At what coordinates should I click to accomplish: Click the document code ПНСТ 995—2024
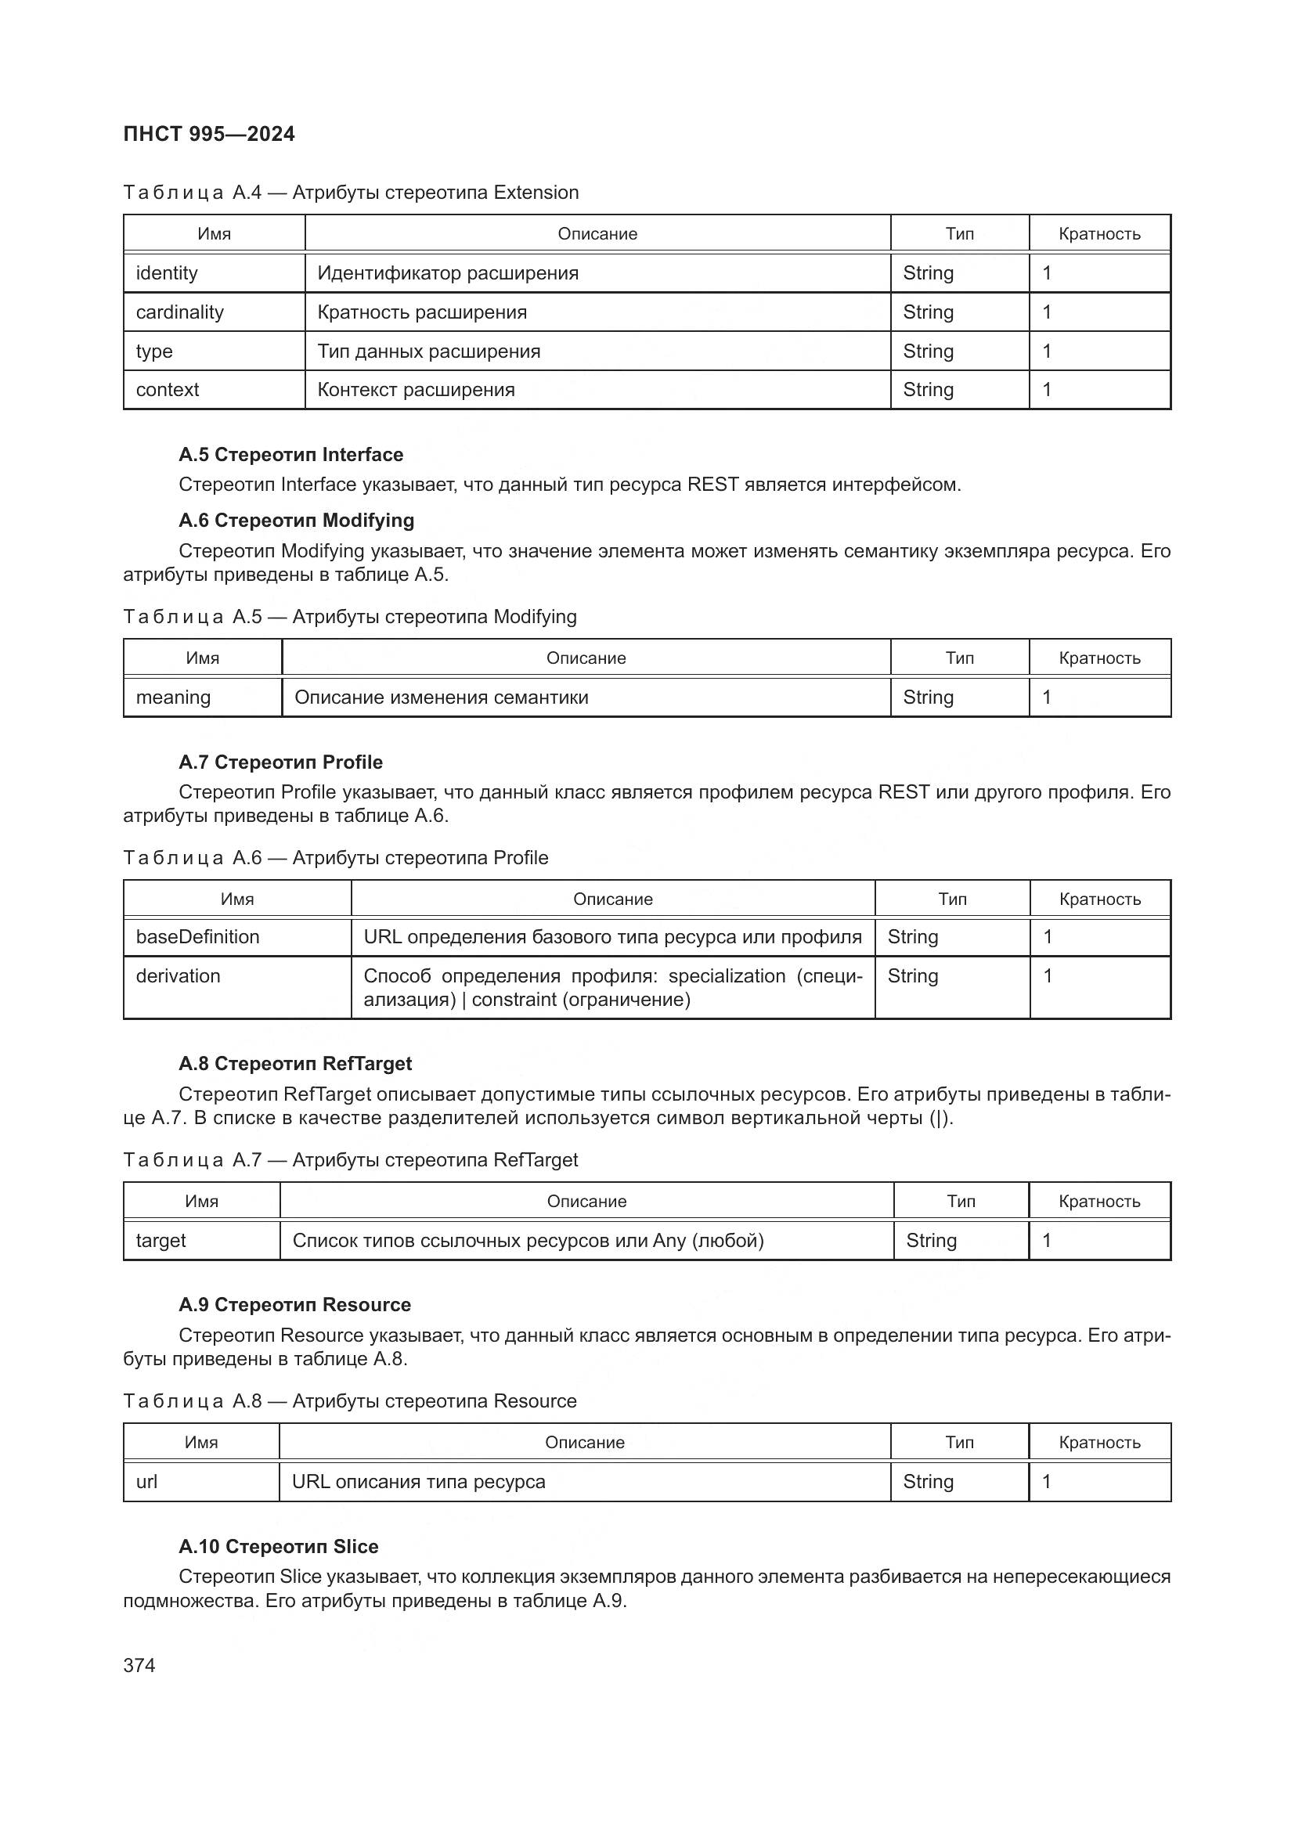209,134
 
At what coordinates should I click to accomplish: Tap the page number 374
139,1665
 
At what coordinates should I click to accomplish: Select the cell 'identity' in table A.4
167,273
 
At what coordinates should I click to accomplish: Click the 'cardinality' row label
179,312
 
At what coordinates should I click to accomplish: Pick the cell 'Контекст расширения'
416,390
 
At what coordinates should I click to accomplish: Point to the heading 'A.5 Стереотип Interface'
290,455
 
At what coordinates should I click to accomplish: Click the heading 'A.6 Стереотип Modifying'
296,521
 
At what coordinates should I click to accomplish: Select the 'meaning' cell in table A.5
173,697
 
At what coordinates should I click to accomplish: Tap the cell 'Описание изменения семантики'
441,697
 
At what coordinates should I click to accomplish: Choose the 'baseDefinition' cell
198,937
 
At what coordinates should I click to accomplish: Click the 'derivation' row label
178,976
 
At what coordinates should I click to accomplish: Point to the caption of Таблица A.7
350,1159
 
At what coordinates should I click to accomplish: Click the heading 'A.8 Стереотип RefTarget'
295,1064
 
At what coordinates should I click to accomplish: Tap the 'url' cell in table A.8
146,1482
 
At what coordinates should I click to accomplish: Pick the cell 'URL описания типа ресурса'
418,1482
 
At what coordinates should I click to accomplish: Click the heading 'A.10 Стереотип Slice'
278,1547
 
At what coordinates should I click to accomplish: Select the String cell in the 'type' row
929,351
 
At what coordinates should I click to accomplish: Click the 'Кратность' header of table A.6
1098,899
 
